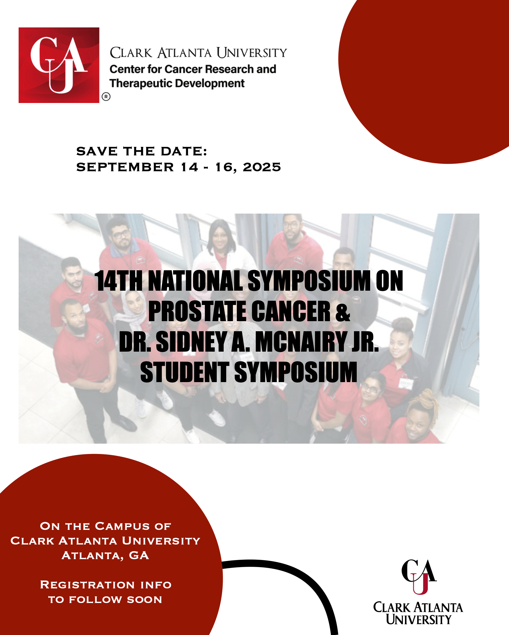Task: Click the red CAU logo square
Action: point(59,65)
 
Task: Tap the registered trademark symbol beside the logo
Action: point(106,97)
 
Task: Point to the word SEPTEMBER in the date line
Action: point(125,167)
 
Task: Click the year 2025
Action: point(262,167)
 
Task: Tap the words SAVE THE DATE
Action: point(142,151)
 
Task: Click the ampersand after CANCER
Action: point(343,311)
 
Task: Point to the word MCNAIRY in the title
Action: point(301,342)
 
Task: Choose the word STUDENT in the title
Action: point(185,372)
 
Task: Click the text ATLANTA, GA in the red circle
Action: point(105,555)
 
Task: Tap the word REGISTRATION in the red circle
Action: point(87,585)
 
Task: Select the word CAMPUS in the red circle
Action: point(122,526)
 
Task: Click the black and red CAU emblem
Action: point(419,576)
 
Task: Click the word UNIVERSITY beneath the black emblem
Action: point(418,619)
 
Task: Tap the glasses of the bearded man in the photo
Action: point(121,235)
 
